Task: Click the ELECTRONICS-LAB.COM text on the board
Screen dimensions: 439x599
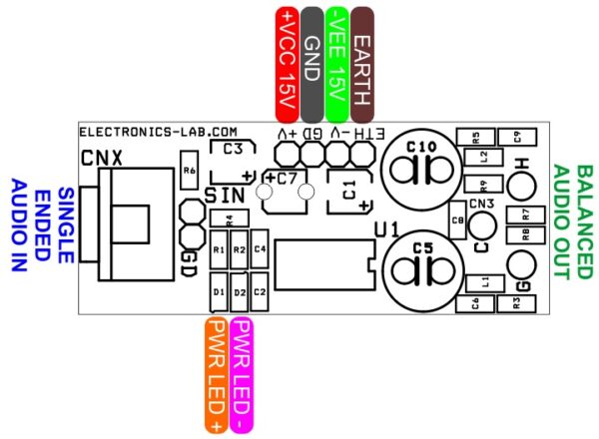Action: (157, 132)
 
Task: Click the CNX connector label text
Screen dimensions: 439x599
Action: (101, 157)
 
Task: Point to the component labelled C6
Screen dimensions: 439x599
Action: (475, 303)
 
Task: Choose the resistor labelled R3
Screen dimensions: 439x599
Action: (517, 303)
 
